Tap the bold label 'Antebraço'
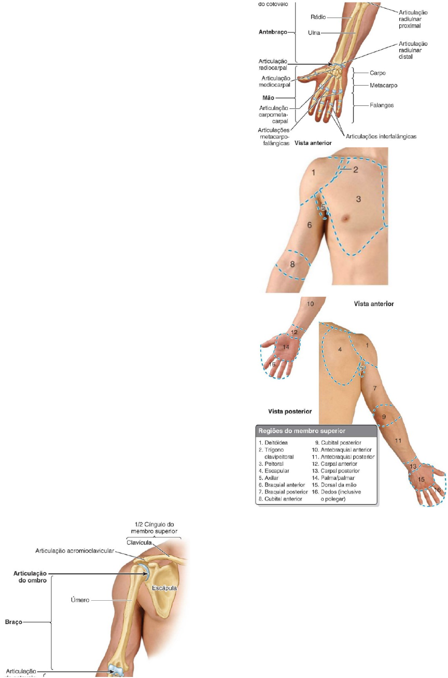(x=272, y=31)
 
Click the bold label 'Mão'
(x=269, y=97)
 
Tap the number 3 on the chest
(x=358, y=198)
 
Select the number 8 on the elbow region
(x=292, y=264)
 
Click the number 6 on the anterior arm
(x=310, y=225)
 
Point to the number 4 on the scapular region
(x=340, y=350)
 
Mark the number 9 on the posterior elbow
(x=384, y=417)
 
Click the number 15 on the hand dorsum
(x=422, y=479)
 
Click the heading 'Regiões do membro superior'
(x=302, y=431)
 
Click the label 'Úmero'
(x=80, y=600)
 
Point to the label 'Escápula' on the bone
(x=165, y=588)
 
